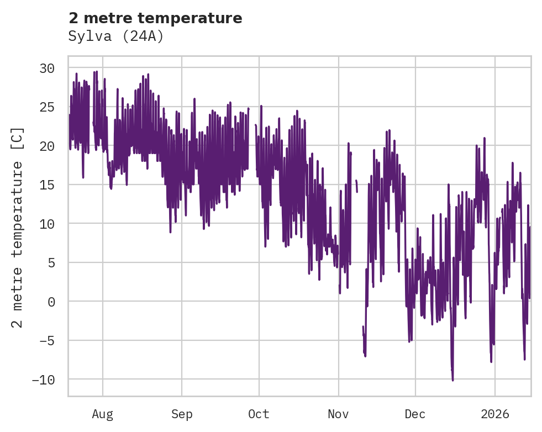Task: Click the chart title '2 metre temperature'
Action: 155,18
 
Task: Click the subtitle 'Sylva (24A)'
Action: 116,36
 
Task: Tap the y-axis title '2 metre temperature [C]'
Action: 18,228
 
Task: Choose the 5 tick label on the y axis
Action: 51,263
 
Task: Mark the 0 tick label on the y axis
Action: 51,302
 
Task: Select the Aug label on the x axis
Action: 103,414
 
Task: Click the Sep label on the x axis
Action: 182,414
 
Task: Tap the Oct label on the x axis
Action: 259,414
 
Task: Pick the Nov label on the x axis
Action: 338,414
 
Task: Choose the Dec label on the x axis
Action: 415,414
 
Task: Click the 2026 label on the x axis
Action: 494,414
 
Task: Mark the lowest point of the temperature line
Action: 452,380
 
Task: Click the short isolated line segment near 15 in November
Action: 356,186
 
